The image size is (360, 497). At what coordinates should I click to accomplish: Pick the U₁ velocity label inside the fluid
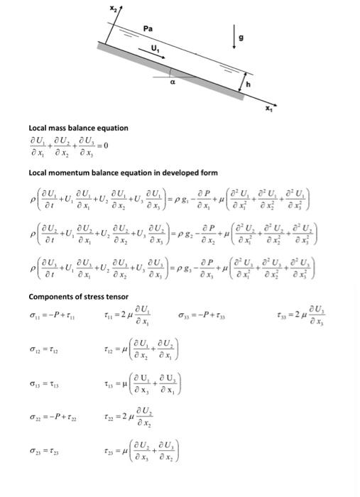[155, 48]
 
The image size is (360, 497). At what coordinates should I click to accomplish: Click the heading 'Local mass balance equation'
[78, 128]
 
